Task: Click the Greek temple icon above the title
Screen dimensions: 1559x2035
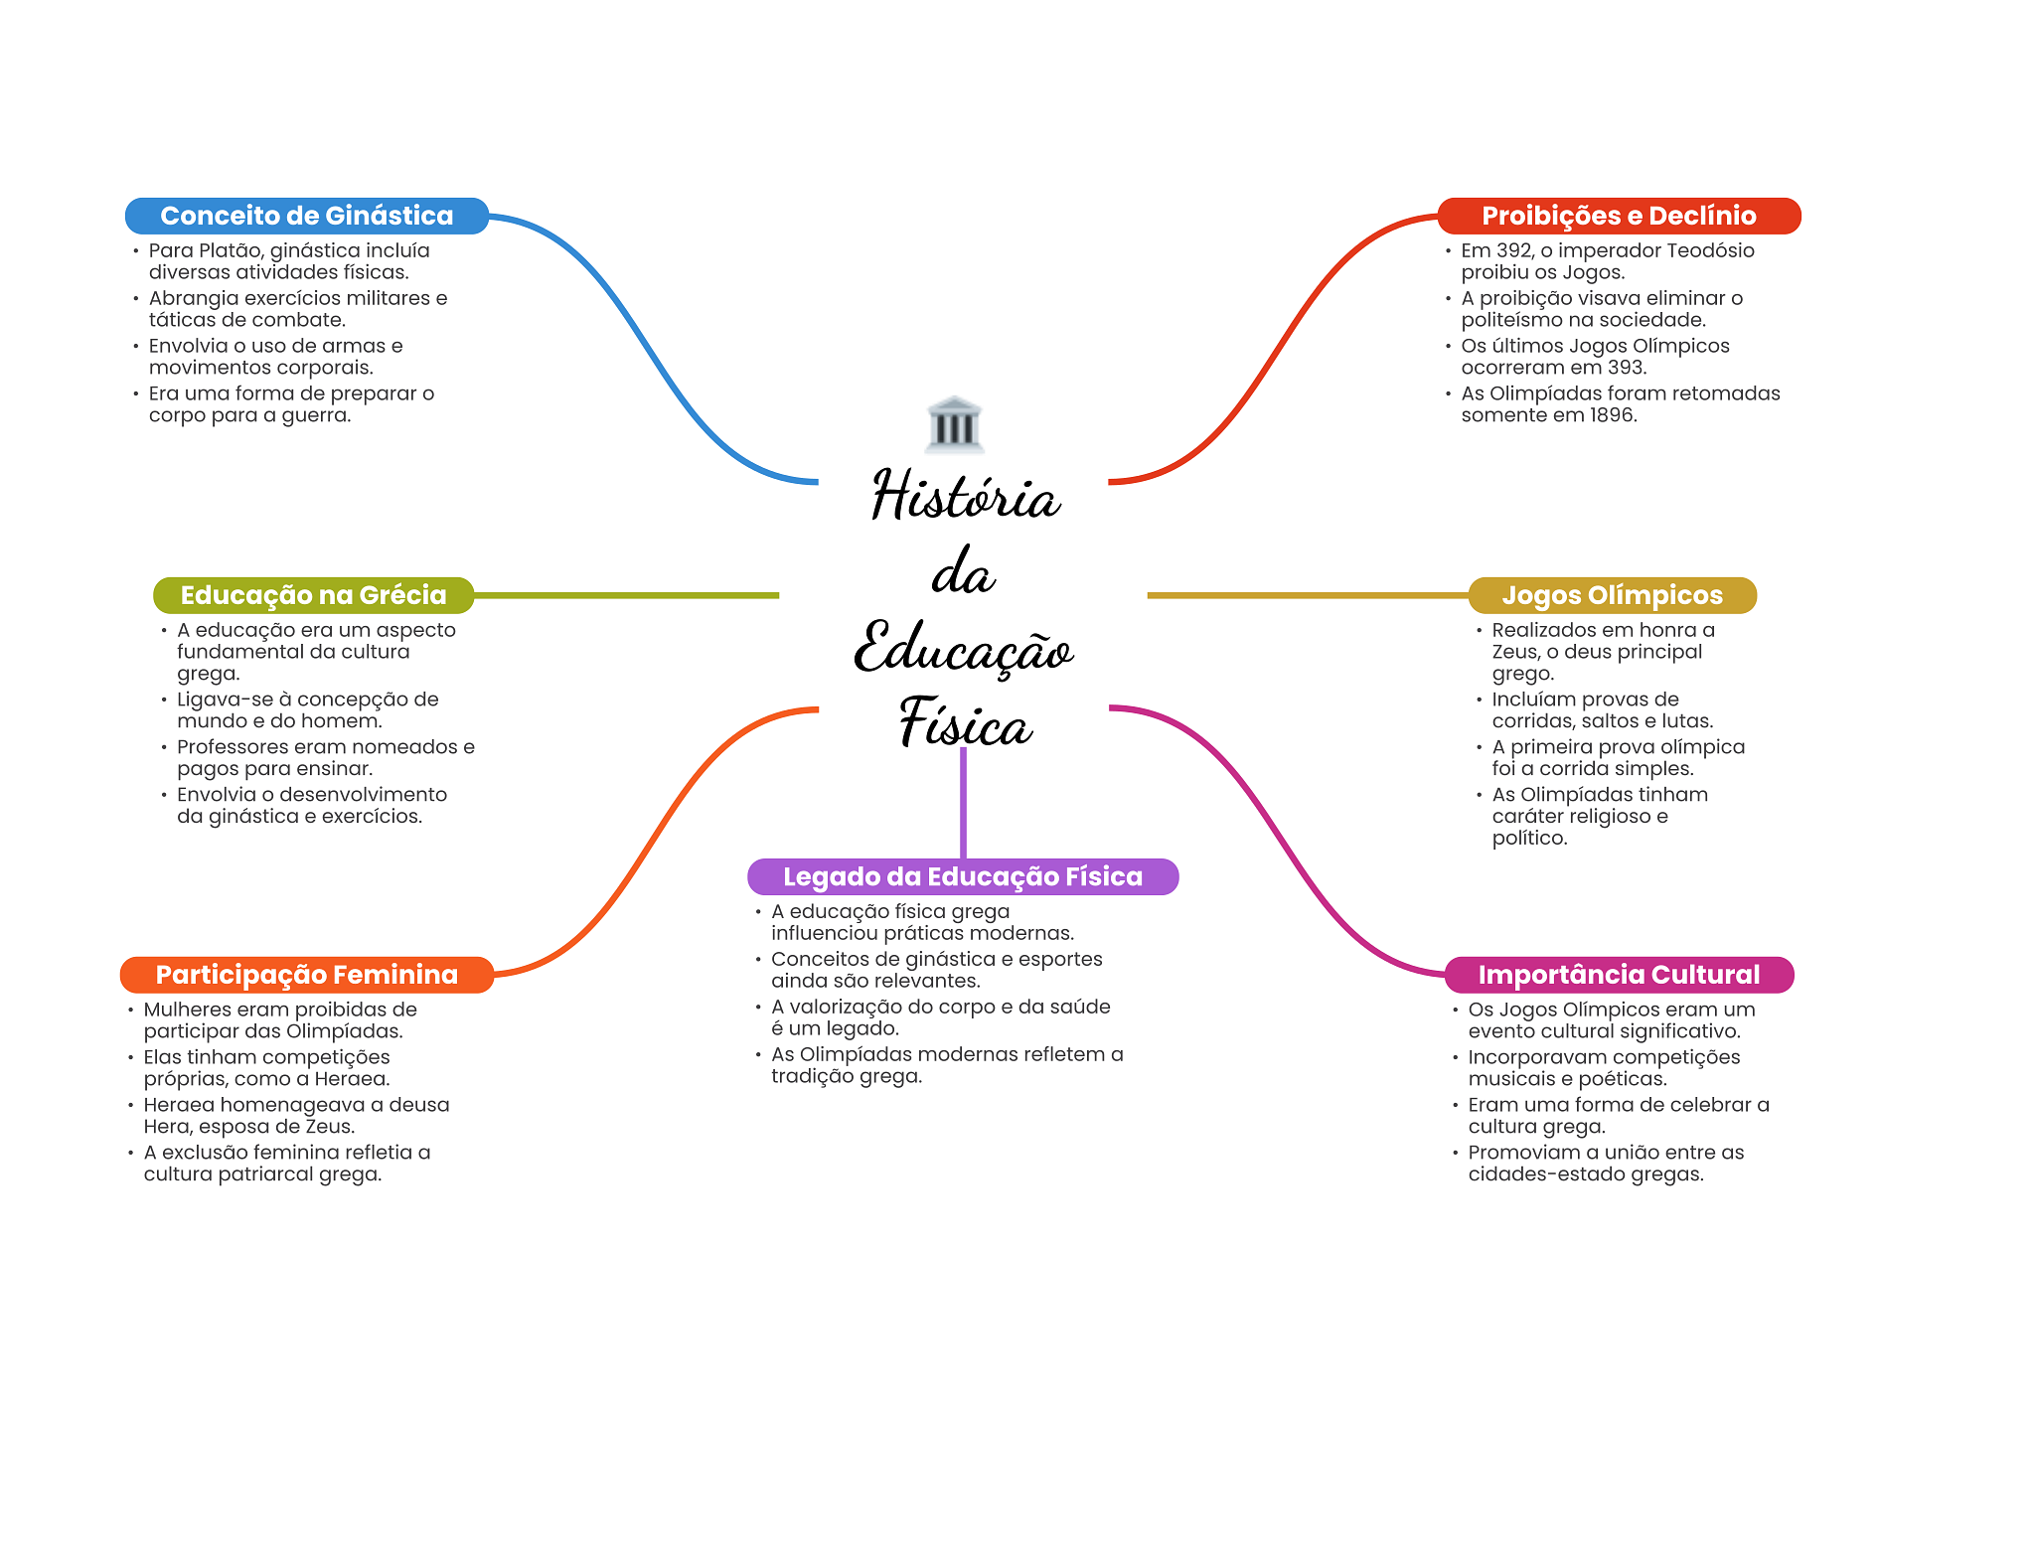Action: pos(954,424)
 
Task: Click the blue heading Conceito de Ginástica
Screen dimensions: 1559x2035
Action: pos(306,216)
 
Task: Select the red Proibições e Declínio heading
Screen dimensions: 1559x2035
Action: pos(1618,216)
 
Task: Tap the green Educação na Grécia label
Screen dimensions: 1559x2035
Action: pos(313,595)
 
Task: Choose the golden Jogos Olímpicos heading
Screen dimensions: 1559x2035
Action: pos(1611,595)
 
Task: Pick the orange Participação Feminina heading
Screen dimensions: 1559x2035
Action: pos(306,975)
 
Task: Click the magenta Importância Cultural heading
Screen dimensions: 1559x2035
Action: pos(1618,975)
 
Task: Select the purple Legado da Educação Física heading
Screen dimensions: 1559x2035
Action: pos(962,876)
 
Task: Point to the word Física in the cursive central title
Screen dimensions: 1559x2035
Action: pos(965,724)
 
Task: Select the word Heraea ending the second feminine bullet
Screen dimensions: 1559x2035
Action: pos(352,1079)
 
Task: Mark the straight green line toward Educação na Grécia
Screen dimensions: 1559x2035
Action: pos(626,595)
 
